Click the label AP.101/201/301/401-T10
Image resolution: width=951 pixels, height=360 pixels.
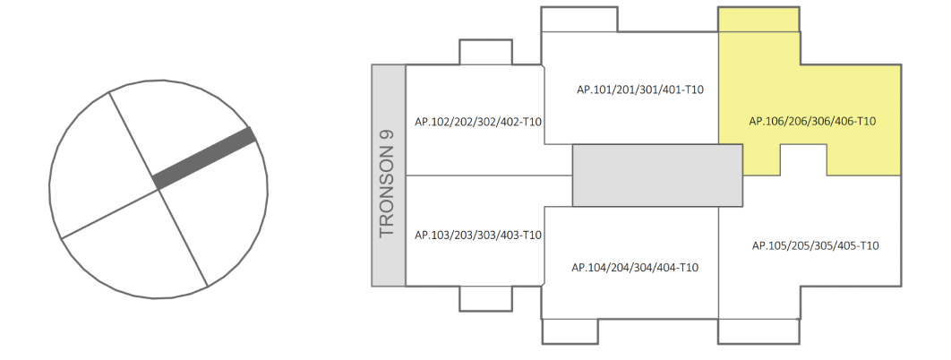[640, 90]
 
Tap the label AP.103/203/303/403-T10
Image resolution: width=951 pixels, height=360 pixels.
[479, 236]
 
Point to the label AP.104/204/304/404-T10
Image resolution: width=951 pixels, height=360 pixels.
[635, 267]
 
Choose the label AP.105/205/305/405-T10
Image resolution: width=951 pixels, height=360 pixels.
[815, 245]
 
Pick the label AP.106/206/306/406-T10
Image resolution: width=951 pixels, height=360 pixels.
[812, 122]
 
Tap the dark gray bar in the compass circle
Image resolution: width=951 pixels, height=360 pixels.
[205, 159]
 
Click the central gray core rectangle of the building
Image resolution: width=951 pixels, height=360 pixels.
[657, 175]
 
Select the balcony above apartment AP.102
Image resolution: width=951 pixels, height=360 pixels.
[485, 52]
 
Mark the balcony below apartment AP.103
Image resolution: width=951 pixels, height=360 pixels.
[485, 298]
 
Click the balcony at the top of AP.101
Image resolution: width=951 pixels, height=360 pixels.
[578, 20]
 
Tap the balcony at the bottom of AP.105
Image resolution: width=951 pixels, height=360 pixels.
[758, 331]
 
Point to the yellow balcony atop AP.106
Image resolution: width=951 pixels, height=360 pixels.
[758, 21]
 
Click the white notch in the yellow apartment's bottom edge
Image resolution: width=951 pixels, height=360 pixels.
[803, 159]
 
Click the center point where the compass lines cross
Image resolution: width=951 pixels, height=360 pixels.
[158, 186]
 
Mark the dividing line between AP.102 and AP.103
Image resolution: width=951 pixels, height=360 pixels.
[488, 176]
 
